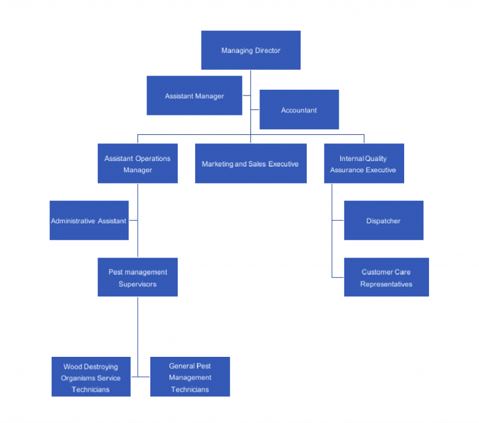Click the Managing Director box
tap(251, 50)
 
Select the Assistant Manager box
tap(194, 95)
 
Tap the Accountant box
tap(299, 110)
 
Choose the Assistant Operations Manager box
tap(137, 163)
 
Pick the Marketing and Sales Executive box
tap(250, 163)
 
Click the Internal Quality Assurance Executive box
tap(364, 163)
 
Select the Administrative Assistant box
tap(89, 220)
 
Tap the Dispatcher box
tap(384, 220)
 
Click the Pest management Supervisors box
tap(137, 277)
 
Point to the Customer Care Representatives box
tap(386, 277)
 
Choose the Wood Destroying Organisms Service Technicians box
tap(90, 377)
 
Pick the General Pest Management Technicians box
tap(190, 377)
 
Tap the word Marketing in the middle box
tap(217, 164)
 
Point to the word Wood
tap(72, 367)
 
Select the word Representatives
tap(386, 284)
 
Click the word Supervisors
tap(137, 284)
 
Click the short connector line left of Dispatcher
tap(337, 220)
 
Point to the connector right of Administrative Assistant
tap(133, 220)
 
